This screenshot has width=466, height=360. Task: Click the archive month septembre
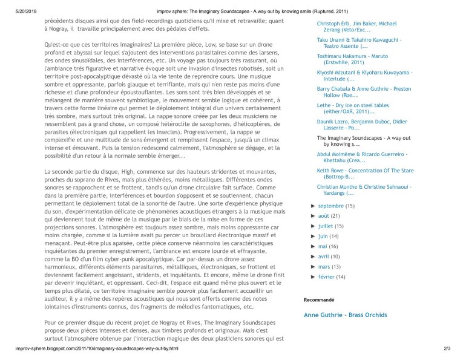click(x=330, y=206)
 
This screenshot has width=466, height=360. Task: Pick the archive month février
click(x=326, y=277)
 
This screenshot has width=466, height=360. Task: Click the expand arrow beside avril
click(x=312, y=257)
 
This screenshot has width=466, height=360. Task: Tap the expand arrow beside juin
click(x=312, y=237)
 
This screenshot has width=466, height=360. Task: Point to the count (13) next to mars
click(x=336, y=267)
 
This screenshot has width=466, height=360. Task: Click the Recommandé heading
click(x=318, y=300)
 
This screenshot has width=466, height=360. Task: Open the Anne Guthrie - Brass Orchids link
click(x=345, y=315)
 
